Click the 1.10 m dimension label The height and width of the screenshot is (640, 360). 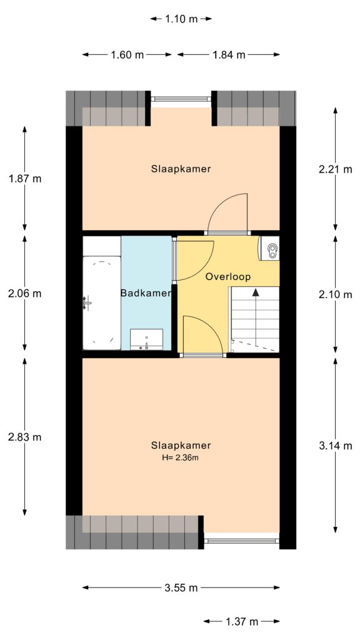click(x=181, y=19)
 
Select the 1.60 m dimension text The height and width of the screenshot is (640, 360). click(x=127, y=55)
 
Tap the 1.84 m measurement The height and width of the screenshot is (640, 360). click(x=228, y=55)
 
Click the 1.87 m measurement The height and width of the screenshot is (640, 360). click(x=25, y=178)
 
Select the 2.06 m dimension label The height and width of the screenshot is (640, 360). click(x=25, y=293)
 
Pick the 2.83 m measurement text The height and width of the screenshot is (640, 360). click(x=25, y=437)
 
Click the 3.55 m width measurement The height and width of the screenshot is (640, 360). click(x=181, y=587)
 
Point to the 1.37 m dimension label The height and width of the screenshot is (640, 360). click(x=241, y=621)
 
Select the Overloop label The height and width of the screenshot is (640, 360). click(x=227, y=275)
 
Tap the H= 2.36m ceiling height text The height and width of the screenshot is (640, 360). click(x=181, y=457)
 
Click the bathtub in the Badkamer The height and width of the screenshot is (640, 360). click(x=101, y=302)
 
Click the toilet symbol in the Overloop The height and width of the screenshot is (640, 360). click(x=271, y=250)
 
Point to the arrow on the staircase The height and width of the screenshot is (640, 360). click(x=255, y=292)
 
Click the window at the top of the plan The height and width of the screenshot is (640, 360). click(x=181, y=99)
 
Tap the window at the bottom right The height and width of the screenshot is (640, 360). click(x=242, y=541)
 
